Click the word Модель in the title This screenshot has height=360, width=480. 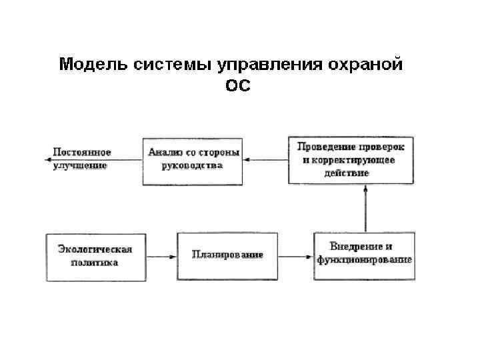(89, 65)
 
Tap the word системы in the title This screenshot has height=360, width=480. (168, 65)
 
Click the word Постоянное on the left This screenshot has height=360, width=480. (82, 153)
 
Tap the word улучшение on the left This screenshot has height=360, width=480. (79, 165)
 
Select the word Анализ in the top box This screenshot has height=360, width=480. (165, 152)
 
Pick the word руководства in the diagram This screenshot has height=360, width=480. (193, 165)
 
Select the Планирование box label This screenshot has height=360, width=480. (227, 255)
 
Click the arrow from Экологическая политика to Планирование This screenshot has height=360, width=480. (161, 256)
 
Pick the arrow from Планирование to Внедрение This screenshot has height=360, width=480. (296, 256)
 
